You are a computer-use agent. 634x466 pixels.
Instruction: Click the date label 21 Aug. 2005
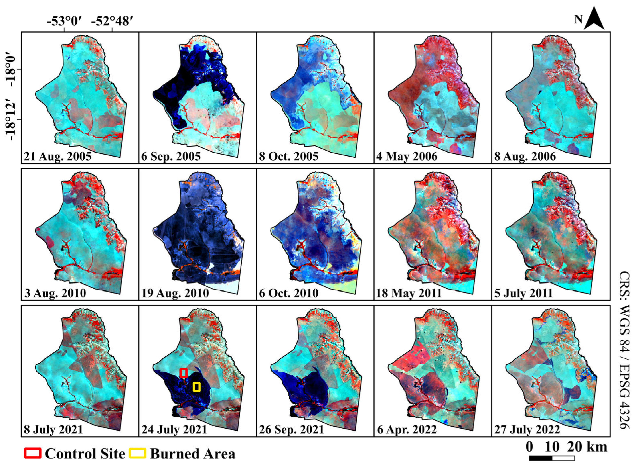[x=57, y=156]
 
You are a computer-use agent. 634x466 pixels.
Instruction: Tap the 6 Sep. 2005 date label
[x=171, y=156]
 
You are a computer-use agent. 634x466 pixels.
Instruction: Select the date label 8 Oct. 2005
[x=289, y=156]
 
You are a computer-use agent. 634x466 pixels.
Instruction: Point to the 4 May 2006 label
[x=407, y=156]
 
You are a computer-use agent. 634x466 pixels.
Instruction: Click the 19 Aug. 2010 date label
[x=175, y=293]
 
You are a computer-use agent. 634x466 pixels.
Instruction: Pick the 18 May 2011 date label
[x=409, y=293]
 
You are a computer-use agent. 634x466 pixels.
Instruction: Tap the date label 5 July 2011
[x=523, y=293]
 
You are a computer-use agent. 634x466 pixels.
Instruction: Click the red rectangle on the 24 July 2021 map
[x=184, y=373]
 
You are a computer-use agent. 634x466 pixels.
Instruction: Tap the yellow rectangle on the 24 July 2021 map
[x=196, y=387]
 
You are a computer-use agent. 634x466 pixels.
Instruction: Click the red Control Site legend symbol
[x=32, y=453]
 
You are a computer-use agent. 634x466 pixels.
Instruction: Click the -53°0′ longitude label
[x=64, y=21]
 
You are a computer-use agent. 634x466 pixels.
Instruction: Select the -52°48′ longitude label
[x=112, y=21]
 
